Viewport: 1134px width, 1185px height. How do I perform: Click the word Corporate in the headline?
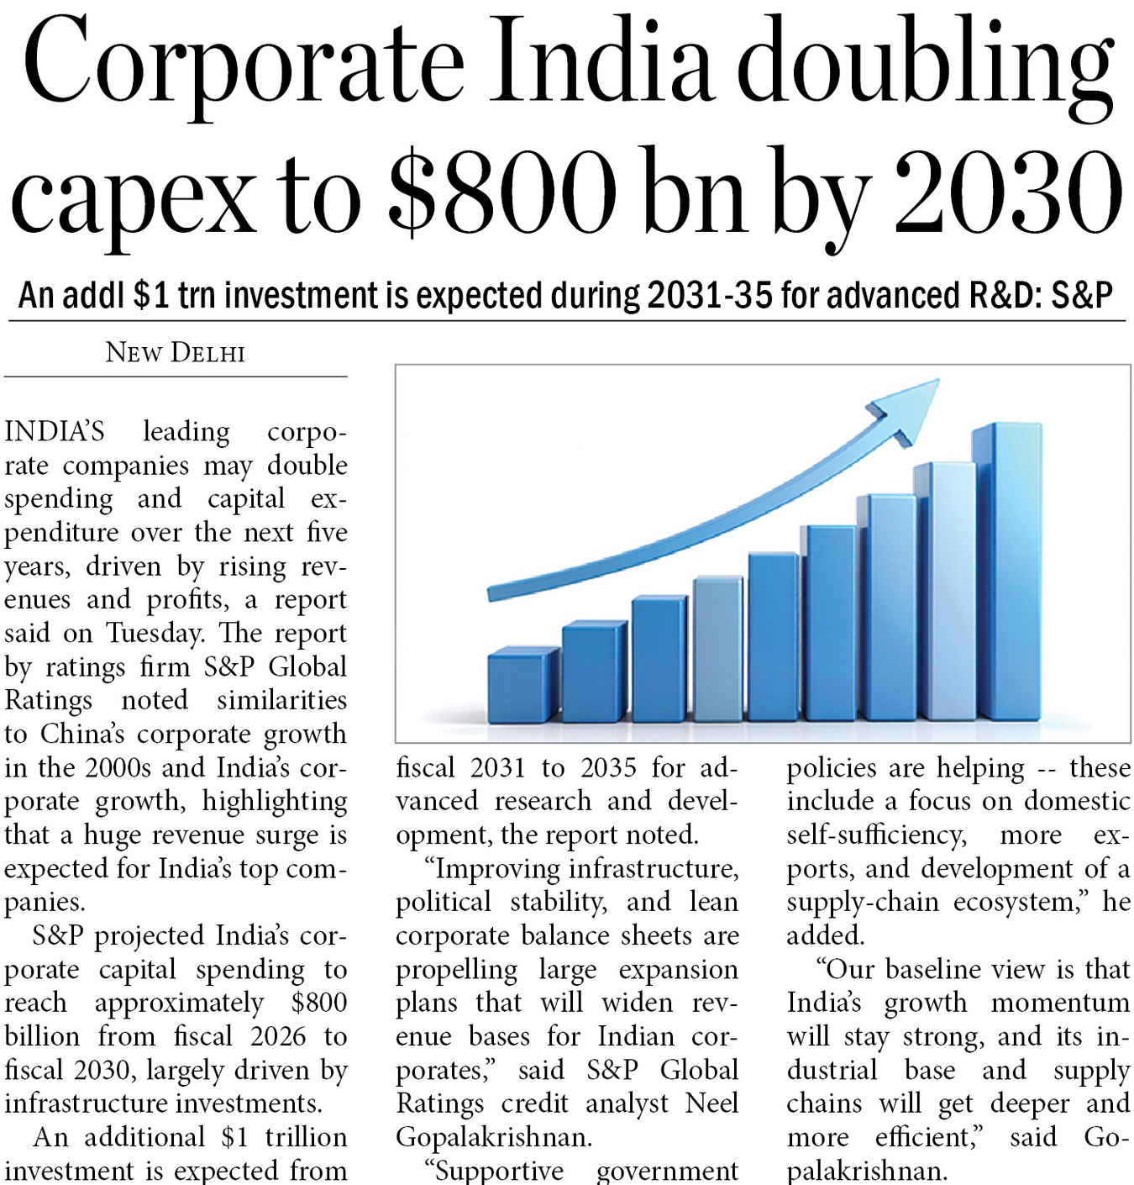[x=244, y=63]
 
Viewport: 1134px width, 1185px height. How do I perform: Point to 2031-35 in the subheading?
[x=710, y=296]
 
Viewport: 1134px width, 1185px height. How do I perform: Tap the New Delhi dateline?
[x=176, y=352]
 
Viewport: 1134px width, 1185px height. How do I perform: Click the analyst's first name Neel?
[x=711, y=1103]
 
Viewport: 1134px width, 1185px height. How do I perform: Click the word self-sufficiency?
[x=876, y=835]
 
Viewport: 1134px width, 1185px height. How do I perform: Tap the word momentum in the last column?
[x=1060, y=1003]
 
